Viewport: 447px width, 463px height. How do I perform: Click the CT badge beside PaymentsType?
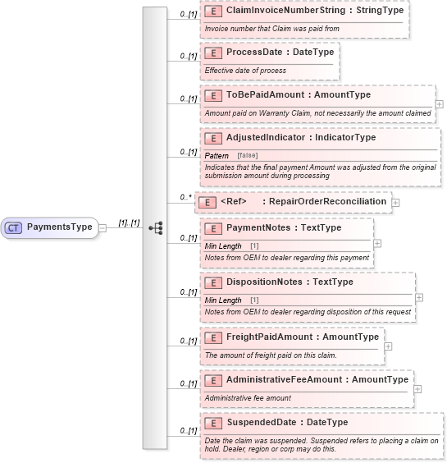tap(13, 227)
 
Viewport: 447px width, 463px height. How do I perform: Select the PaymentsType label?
tap(59, 227)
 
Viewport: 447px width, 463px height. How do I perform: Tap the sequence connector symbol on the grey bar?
tap(155, 227)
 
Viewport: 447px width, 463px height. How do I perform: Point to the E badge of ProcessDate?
tap(213, 52)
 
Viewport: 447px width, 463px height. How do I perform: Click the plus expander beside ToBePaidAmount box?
tap(440, 104)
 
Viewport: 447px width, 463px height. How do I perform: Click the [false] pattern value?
tap(247, 156)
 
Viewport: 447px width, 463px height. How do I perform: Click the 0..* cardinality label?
tap(185, 197)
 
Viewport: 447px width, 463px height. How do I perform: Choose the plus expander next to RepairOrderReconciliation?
tap(395, 202)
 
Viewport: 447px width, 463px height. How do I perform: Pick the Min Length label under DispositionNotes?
tap(223, 300)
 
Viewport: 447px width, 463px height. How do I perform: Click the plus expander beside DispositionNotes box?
tap(419, 297)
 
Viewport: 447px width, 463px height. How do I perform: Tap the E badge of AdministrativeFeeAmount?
tap(213, 380)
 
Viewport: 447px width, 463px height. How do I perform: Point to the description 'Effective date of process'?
tap(245, 71)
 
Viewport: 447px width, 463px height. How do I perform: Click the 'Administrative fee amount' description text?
tap(248, 398)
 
